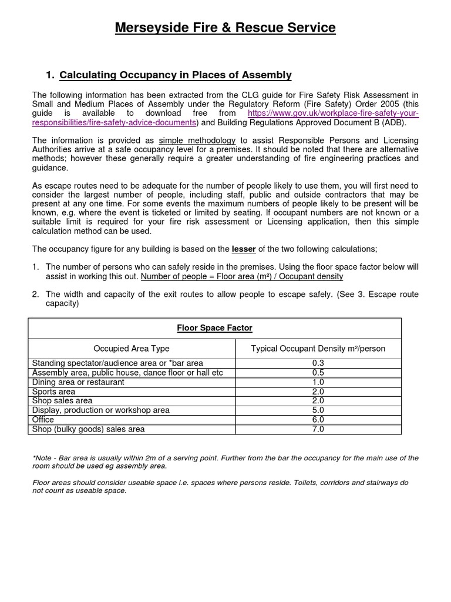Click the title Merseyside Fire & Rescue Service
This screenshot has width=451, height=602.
(x=225, y=28)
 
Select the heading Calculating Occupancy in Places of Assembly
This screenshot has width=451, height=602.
(x=176, y=75)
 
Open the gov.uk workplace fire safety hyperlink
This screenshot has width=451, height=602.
(x=333, y=113)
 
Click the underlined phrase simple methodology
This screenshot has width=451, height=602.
(x=204, y=140)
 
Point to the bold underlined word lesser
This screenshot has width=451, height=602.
(x=244, y=249)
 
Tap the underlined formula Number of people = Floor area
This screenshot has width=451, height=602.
(x=242, y=276)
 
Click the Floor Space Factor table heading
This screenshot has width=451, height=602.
(x=214, y=328)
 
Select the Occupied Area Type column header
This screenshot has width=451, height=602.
(x=132, y=349)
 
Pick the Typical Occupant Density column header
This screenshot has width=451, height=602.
(x=318, y=349)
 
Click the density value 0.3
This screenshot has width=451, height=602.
(x=318, y=363)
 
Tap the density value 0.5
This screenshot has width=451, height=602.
(x=318, y=373)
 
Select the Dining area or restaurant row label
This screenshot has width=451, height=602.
(x=78, y=382)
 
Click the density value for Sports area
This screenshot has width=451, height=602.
(x=318, y=392)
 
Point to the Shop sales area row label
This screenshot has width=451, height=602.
(x=62, y=401)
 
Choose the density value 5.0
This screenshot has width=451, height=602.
(x=318, y=410)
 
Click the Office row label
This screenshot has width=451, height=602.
(x=43, y=420)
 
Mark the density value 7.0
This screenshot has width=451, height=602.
(x=318, y=429)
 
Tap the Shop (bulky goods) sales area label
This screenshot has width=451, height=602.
(x=88, y=429)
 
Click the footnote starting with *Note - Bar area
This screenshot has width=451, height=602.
(x=225, y=461)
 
